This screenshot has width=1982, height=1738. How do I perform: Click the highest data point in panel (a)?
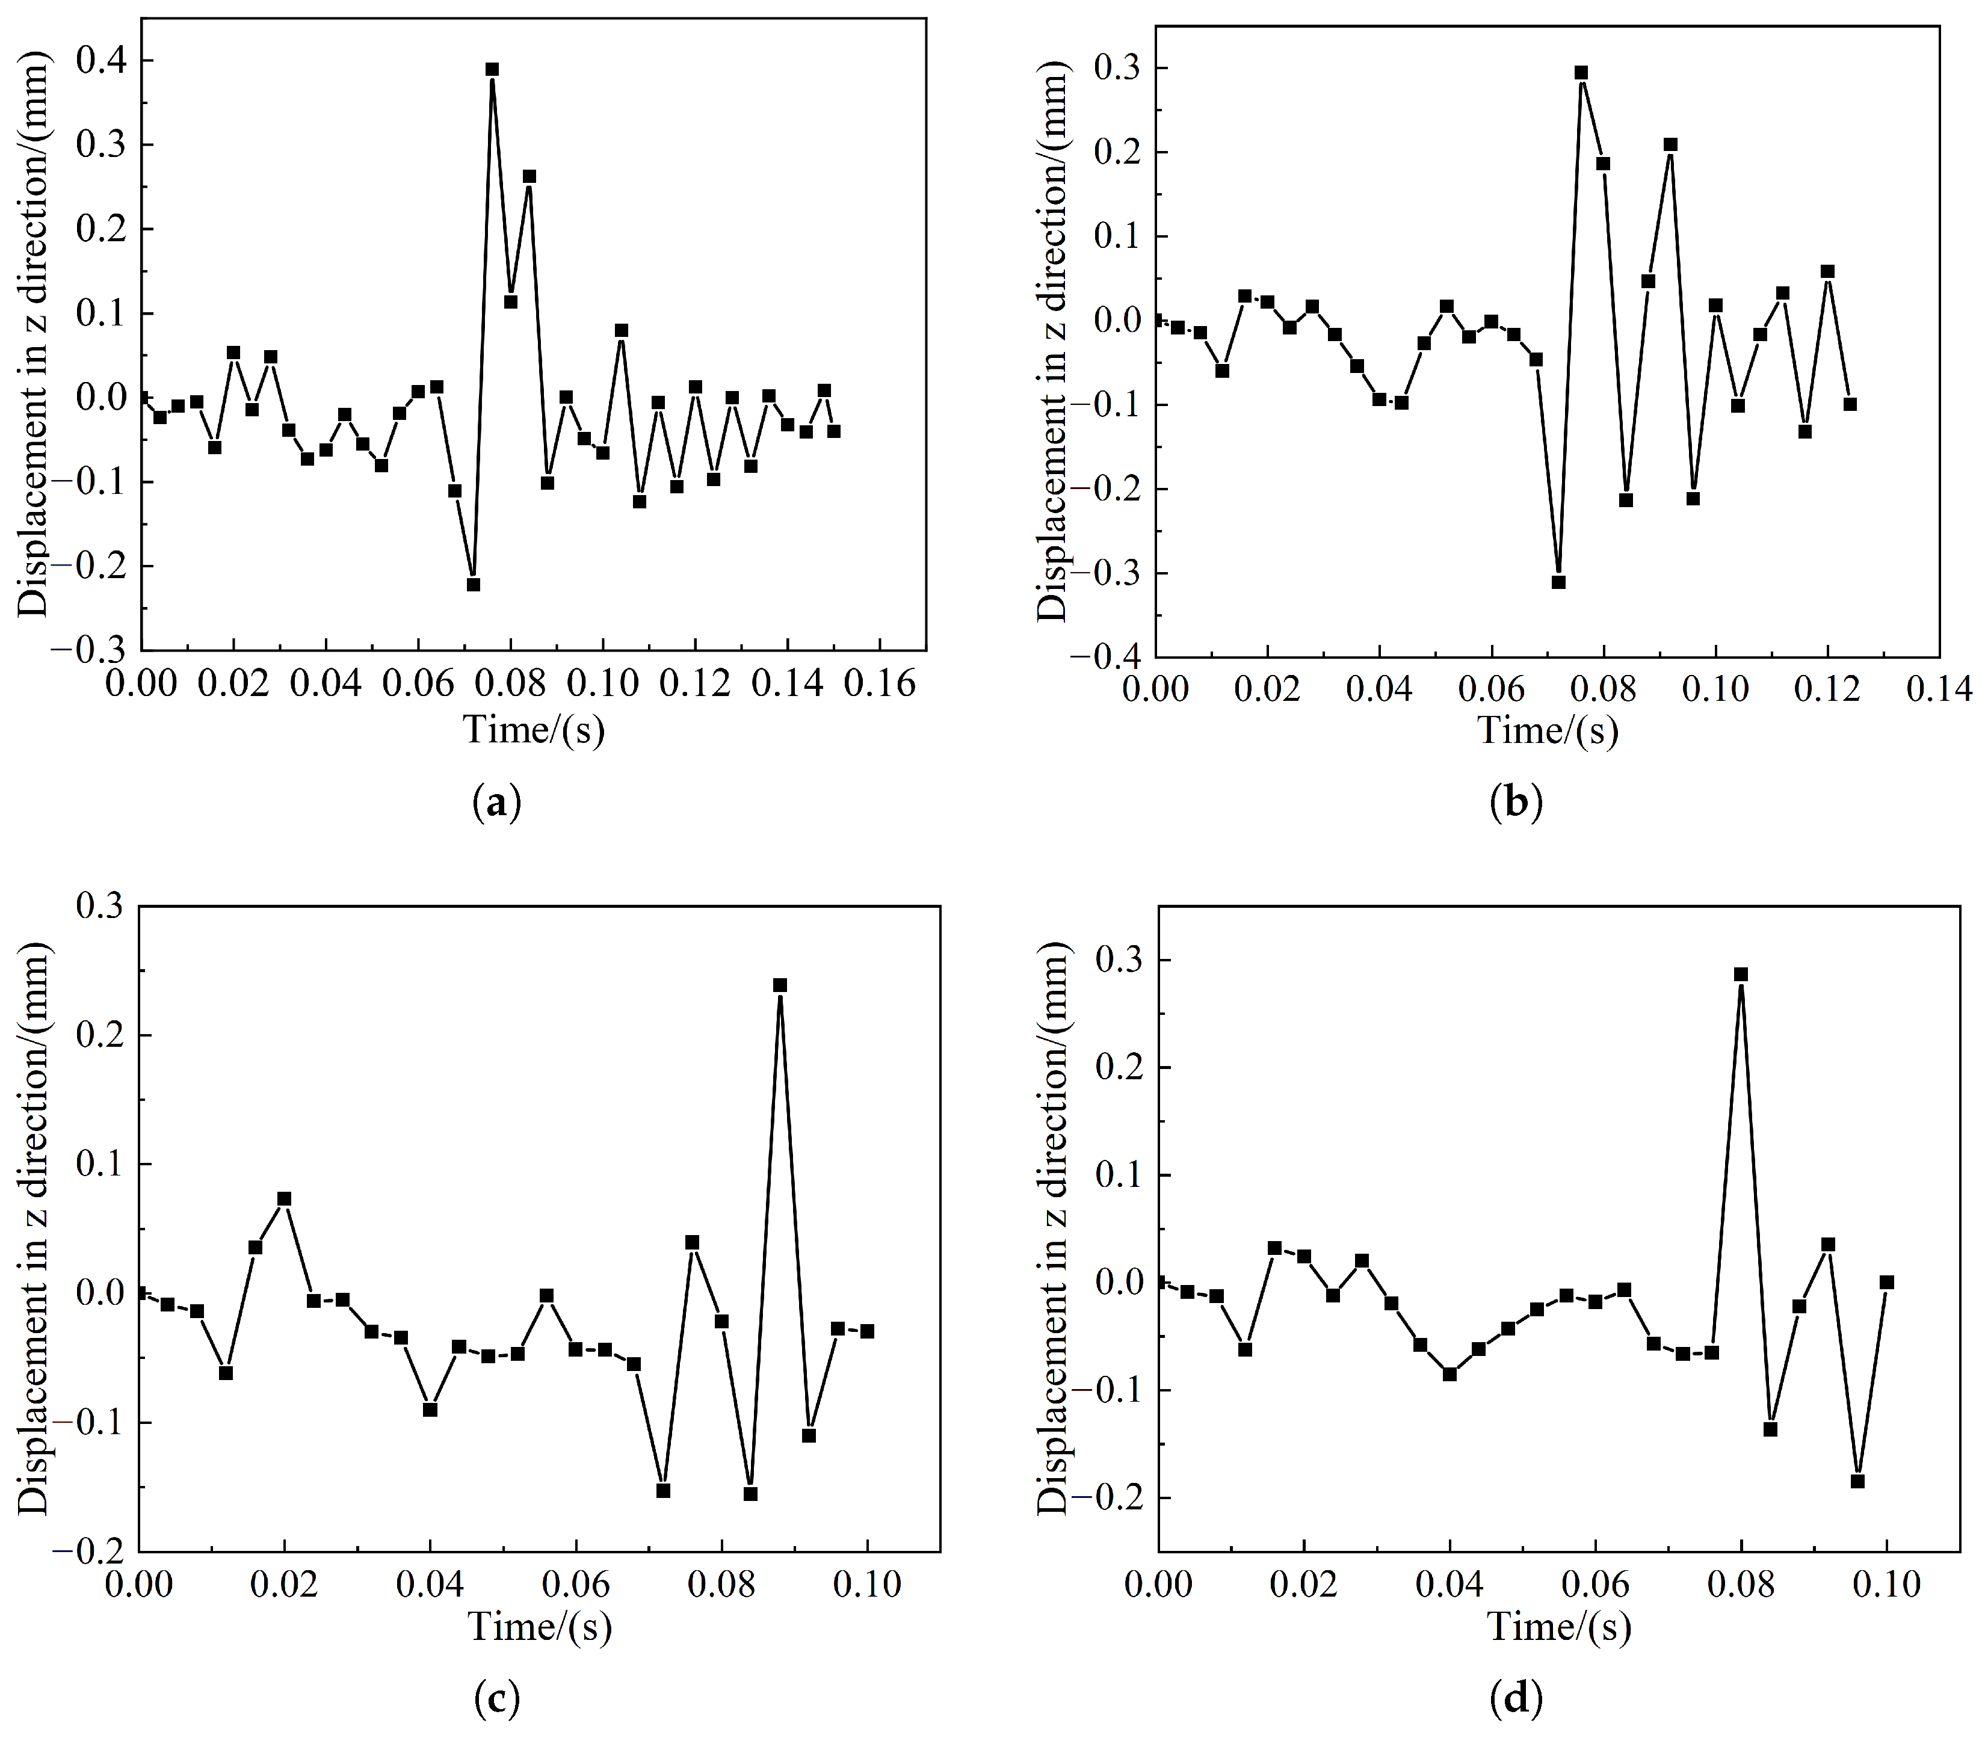tap(493, 70)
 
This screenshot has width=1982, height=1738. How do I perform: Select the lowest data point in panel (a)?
tap(473, 585)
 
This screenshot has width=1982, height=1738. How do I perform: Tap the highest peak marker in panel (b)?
tap(1581, 73)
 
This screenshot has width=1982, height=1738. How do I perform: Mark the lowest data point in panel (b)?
tap(1559, 582)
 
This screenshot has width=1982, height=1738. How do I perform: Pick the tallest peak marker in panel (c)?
tap(780, 985)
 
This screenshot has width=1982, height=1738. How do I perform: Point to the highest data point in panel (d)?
tap(1741, 974)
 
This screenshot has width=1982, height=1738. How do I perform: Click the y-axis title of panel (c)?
tap(34, 1227)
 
